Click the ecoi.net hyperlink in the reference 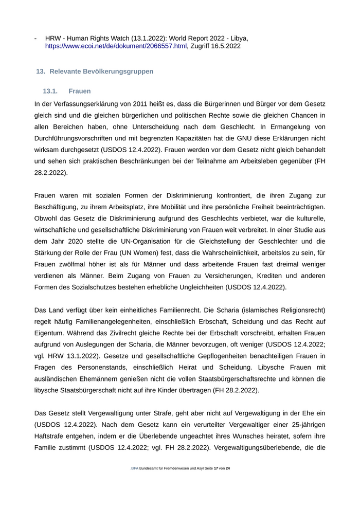[x=116, y=46]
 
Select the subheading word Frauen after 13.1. [x=79, y=91]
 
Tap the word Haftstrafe [x=51, y=436]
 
